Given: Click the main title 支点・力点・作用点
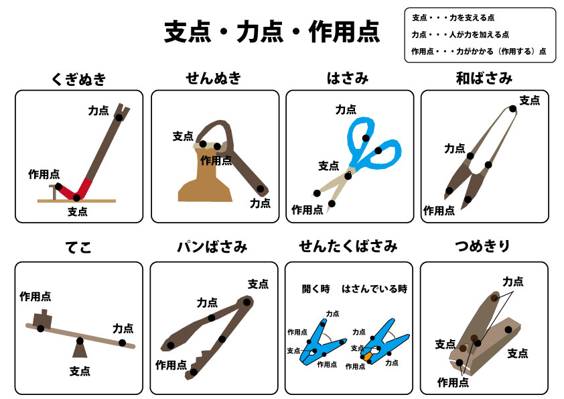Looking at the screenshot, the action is click(x=272, y=32).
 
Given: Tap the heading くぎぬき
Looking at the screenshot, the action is click(x=79, y=79).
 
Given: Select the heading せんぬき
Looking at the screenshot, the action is click(x=214, y=78).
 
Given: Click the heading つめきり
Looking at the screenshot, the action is click(x=483, y=246).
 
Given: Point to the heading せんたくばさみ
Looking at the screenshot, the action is click(x=348, y=246).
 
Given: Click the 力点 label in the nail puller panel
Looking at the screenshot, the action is click(x=98, y=110).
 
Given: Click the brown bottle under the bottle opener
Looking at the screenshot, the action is click(x=206, y=174).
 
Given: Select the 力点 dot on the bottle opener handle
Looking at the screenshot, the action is click(x=261, y=189).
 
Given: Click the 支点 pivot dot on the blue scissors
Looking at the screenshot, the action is click(x=348, y=176).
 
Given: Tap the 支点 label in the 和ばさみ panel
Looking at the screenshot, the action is click(x=529, y=100).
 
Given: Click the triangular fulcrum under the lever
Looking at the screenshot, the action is click(x=80, y=349).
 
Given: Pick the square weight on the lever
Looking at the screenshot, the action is click(x=42, y=319).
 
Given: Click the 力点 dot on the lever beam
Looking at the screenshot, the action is click(x=123, y=343).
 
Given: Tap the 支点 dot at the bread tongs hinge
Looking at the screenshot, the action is click(x=246, y=302).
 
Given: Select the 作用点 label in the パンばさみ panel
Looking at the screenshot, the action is click(x=171, y=365).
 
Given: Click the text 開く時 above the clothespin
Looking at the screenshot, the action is click(x=315, y=289).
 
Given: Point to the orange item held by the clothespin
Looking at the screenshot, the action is click(x=367, y=357).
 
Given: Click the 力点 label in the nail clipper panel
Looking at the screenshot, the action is click(x=513, y=281).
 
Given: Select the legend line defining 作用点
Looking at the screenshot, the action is click(x=479, y=52).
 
